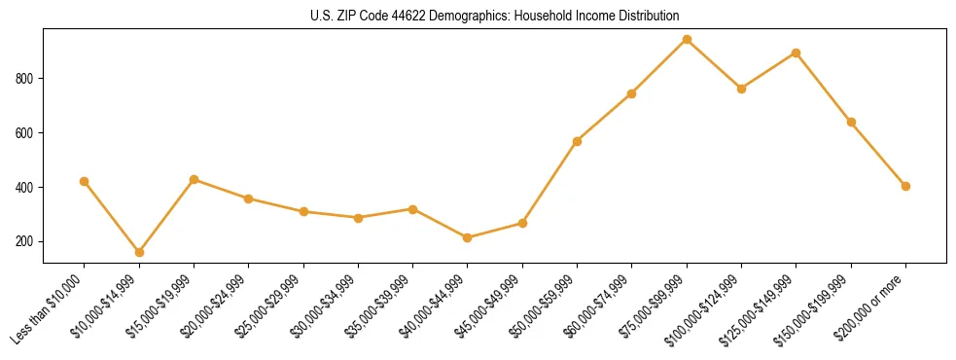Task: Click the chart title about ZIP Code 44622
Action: tap(494, 16)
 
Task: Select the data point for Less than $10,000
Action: tap(85, 181)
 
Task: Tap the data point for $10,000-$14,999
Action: tap(139, 252)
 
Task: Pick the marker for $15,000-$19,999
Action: tap(195, 179)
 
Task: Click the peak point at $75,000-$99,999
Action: tap(687, 40)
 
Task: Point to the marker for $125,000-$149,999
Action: tap(797, 53)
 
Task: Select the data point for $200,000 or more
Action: tap(905, 186)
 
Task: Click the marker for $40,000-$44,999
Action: tap(468, 237)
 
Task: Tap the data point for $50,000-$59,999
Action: tap(578, 141)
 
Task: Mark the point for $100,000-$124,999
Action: tap(742, 89)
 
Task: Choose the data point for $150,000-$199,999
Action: tap(851, 122)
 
